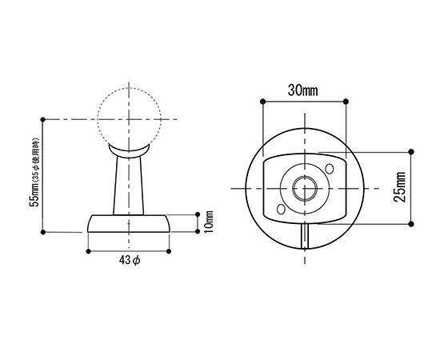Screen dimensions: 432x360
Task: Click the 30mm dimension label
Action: (x=302, y=90)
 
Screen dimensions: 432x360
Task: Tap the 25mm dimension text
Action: (x=400, y=187)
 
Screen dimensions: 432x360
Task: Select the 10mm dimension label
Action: (x=209, y=222)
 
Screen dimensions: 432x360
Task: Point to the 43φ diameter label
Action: (x=130, y=260)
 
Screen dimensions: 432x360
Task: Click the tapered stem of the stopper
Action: (x=128, y=186)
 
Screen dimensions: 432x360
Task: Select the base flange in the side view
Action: (x=128, y=224)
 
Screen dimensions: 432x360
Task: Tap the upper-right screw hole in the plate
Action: (x=330, y=169)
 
